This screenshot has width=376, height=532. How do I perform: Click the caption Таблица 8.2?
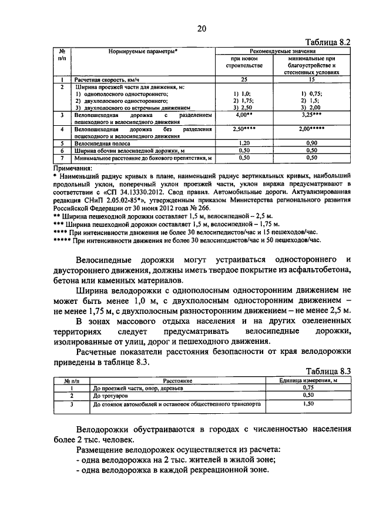click(x=329, y=42)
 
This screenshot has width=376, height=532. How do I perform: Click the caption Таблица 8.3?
click(x=329, y=372)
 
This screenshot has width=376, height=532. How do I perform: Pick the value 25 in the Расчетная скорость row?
click(x=246, y=79)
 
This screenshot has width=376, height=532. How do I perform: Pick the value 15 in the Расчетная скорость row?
click(x=312, y=79)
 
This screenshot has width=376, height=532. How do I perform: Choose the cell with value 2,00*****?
click(x=312, y=129)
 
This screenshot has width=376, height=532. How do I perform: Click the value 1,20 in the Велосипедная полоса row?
click(x=246, y=143)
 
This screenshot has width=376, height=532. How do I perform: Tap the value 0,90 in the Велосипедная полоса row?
click(x=312, y=143)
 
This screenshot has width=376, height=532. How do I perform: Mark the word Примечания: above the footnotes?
click(x=71, y=168)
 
